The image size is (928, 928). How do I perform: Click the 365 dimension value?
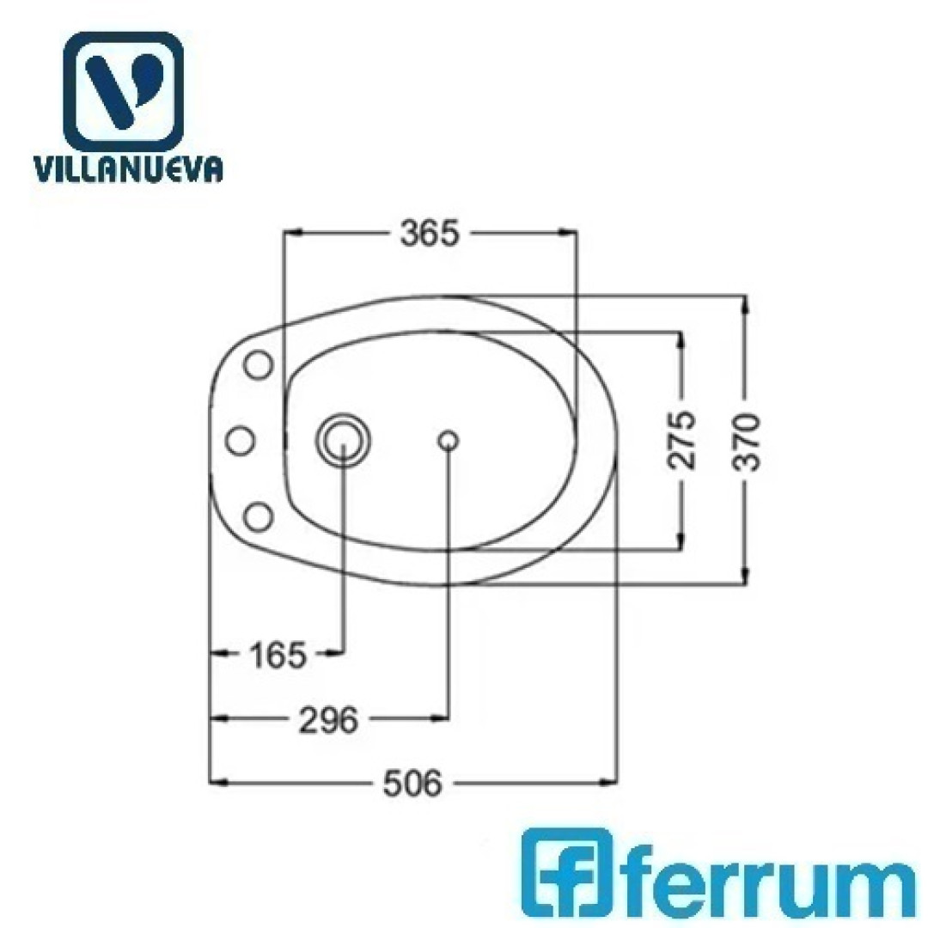[430, 233]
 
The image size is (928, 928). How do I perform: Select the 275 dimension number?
[681, 440]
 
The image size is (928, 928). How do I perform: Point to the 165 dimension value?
[278, 655]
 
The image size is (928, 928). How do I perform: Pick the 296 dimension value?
[329, 720]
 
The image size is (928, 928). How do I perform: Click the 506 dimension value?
[412, 785]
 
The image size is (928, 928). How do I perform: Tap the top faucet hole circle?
[259, 364]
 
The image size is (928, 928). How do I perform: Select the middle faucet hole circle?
[241, 441]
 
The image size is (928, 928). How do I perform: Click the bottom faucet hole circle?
[259, 517]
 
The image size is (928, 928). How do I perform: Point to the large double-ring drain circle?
[344, 440]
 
